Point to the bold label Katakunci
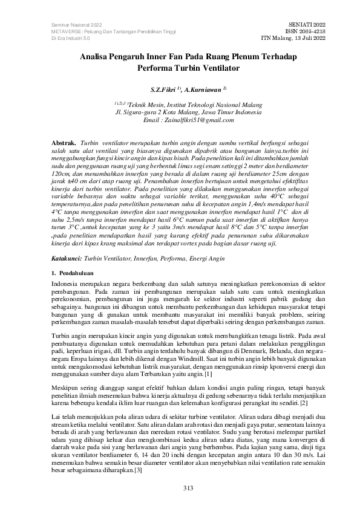tap(67, 258)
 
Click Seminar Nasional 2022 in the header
tap(68, 23)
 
